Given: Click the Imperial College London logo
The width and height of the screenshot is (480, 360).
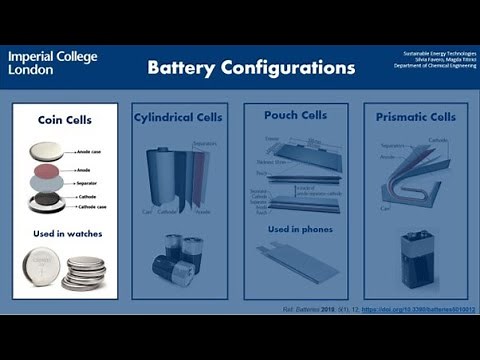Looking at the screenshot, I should point(53,63).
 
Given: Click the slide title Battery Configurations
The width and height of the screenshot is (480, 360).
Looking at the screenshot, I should point(251,68).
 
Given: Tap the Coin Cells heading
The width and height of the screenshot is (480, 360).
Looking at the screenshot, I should point(65,120).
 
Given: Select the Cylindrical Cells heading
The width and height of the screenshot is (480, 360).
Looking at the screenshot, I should point(179,117).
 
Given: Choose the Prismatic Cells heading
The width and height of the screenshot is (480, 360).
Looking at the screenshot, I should point(415,117).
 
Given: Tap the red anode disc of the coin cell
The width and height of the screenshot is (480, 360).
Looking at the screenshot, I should point(47,170).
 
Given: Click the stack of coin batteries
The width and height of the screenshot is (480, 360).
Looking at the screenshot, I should point(85,272).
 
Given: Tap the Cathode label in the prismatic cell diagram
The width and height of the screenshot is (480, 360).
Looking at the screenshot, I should point(437,140).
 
